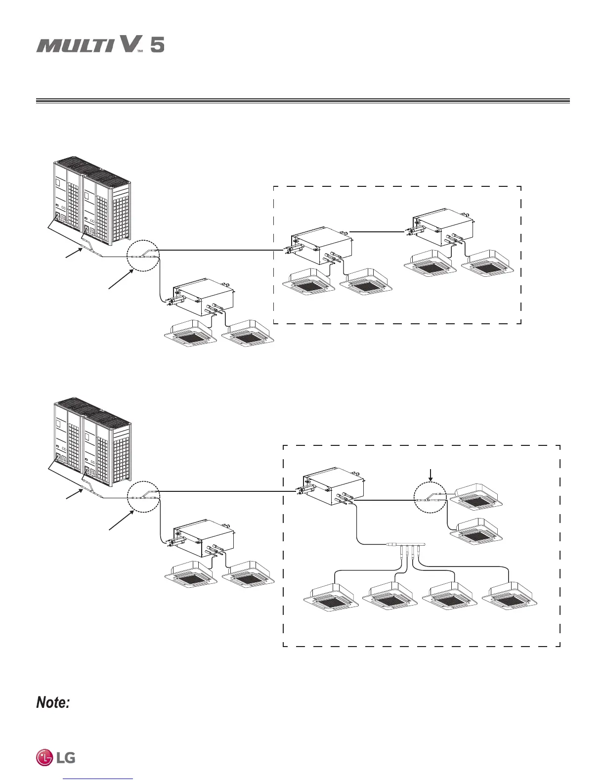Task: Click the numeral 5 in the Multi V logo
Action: [157, 45]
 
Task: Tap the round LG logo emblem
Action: [44, 757]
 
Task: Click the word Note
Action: [52, 702]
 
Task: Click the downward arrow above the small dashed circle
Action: [431, 475]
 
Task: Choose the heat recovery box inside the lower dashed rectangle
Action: [334, 486]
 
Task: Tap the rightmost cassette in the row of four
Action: [509, 598]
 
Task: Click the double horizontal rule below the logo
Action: [302, 101]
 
